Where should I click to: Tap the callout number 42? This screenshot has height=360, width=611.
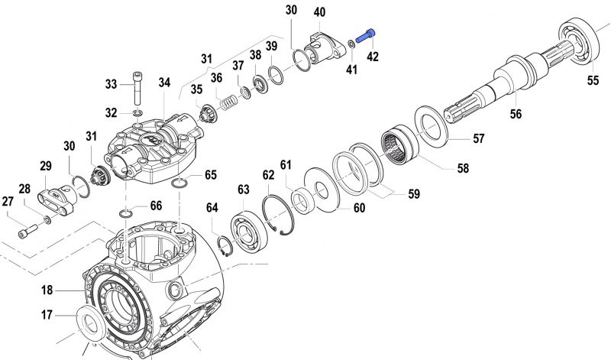coord(372,56)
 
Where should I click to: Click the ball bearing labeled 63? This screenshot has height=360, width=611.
coord(247,231)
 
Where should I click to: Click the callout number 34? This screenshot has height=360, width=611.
coord(165,83)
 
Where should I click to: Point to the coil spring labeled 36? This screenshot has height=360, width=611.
coord(228,99)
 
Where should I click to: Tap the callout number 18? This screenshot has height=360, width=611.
coord(47,290)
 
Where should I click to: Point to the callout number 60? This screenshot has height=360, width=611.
coord(358,208)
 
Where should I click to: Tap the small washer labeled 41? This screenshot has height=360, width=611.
coord(350,43)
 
